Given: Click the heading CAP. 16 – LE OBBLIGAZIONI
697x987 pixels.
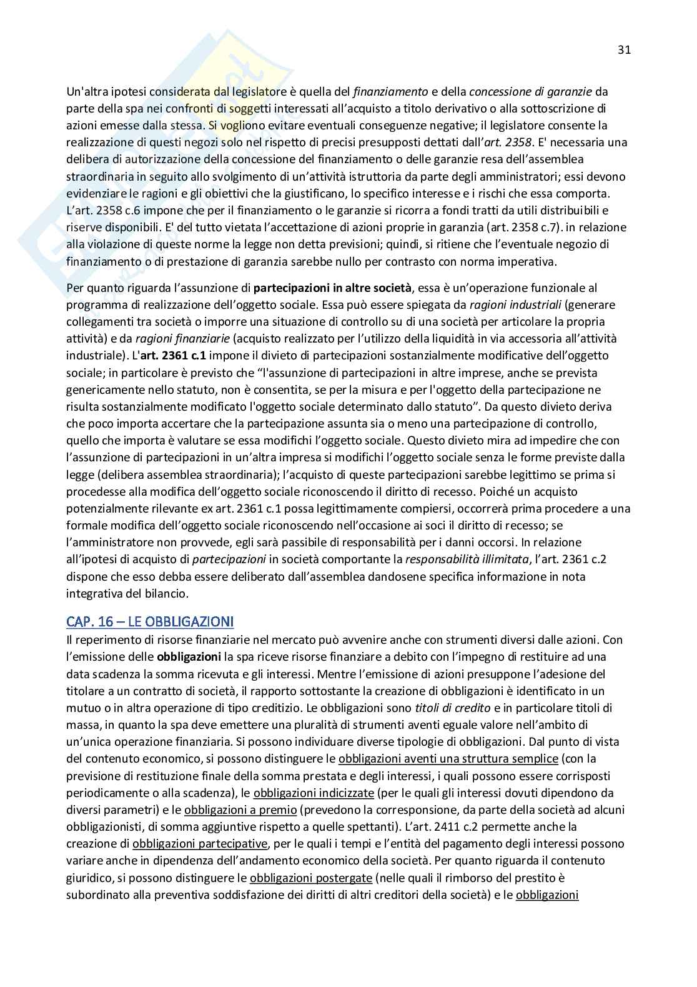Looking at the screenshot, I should [150, 621].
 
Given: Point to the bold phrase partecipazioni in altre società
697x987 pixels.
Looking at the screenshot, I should [333, 288].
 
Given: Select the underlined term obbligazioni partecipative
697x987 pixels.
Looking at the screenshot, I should [200, 843].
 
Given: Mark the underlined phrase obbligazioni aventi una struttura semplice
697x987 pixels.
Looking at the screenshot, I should [448, 759].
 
